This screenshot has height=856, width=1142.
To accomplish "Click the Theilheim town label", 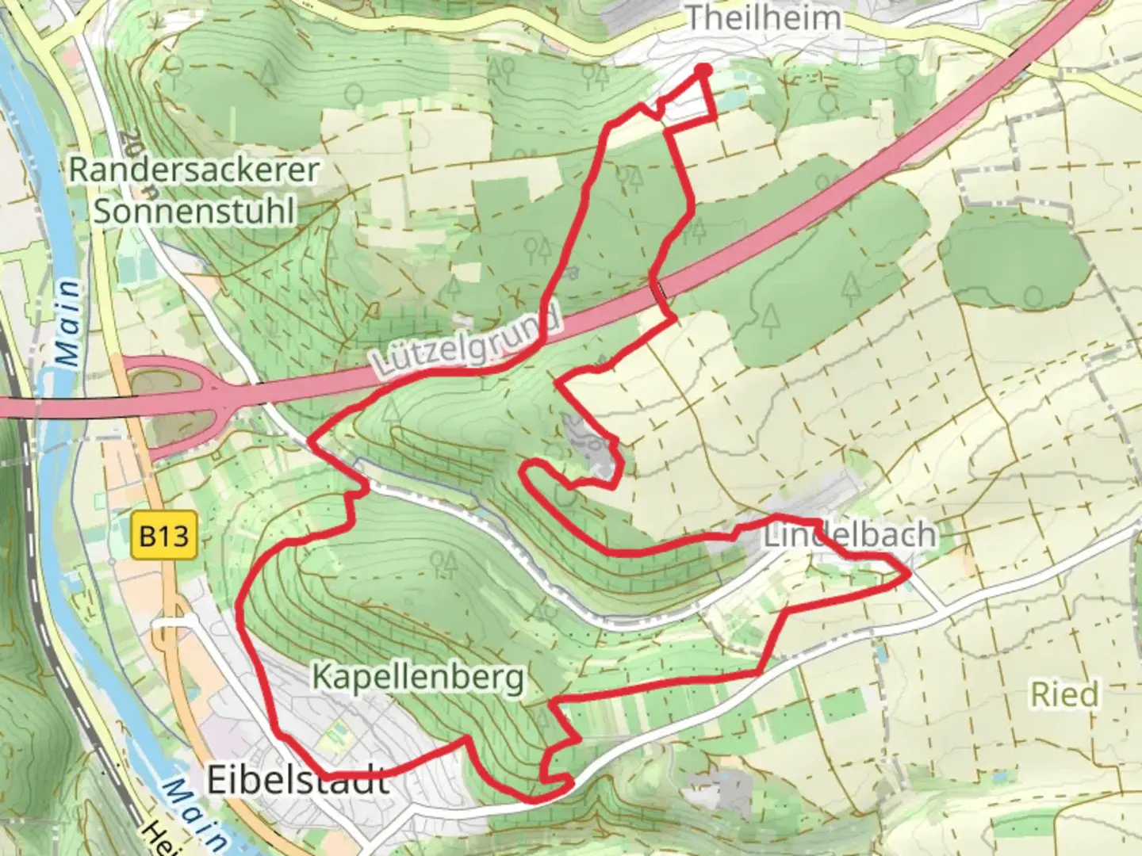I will pyautogui.click(x=762, y=17).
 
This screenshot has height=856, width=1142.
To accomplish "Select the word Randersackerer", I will pyautogui.click(x=194, y=170).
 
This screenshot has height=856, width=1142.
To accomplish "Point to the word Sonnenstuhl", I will pyautogui.click(x=194, y=212).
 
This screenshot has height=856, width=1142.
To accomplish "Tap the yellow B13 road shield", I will pyautogui.click(x=163, y=537).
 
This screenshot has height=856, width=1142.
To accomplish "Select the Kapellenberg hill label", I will pyautogui.click(x=418, y=678).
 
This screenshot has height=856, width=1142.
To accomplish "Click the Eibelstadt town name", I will pyautogui.click(x=298, y=781).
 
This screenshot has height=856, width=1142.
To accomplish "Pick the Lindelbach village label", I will pyautogui.click(x=849, y=535).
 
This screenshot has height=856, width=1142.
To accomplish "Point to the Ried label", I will pyautogui.click(x=1065, y=694).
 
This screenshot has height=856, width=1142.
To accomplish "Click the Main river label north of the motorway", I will pyautogui.click(x=70, y=323).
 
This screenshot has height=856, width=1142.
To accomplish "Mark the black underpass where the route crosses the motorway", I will pyautogui.click(x=661, y=292).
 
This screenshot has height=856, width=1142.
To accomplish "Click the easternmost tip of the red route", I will pyautogui.click(x=908, y=575).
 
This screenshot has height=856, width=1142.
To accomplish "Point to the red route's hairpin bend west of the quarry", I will pyautogui.click(x=526, y=471).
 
